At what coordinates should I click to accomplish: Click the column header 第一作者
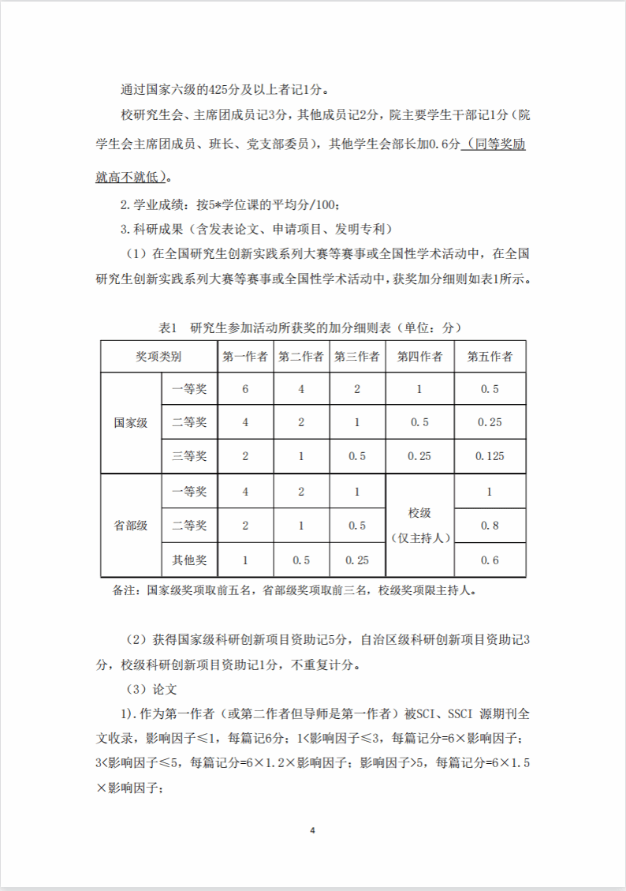[x=246, y=356]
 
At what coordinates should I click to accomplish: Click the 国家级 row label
[x=131, y=422]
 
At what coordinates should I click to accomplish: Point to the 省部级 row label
[x=131, y=526]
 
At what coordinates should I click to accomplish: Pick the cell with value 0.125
[x=490, y=456]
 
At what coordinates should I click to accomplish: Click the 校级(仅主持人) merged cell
[x=419, y=526]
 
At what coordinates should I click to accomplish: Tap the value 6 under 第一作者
[x=246, y=389]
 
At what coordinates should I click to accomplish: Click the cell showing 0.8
[x=490, y=526]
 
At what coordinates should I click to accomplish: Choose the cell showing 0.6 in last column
[x=490, y=560]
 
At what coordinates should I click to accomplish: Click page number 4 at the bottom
[x=313, y=830]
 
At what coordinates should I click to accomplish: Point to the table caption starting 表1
[x=310, y=327]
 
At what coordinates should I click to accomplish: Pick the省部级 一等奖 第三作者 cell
[x=356, y=492]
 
